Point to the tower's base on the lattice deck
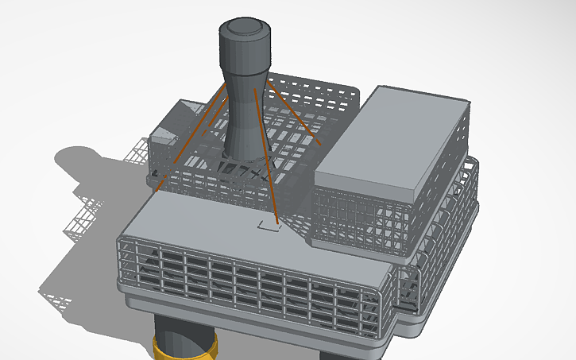[242, 163]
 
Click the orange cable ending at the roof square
[265, 159]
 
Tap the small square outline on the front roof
[269, 226]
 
